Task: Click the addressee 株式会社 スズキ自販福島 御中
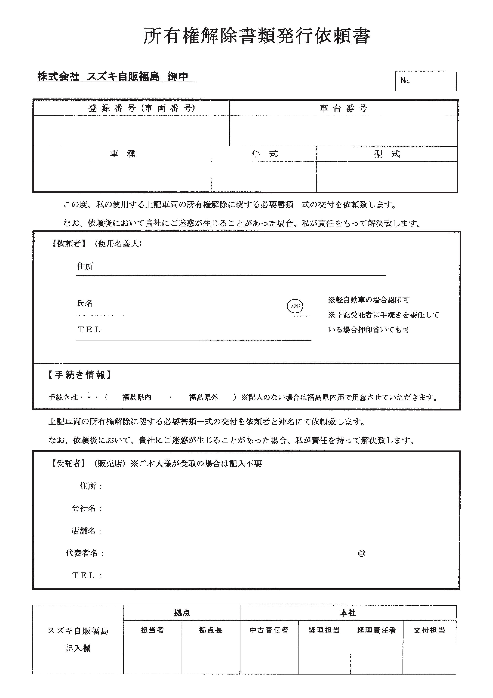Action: pos(113,77)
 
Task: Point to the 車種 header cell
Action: pos(123,154)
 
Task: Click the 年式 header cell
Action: pos(264,154)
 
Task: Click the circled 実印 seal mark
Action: pos(295,306)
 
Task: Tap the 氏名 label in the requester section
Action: pos(85,303)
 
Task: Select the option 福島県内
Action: pos(137,397)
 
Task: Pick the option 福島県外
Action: pos(203,397)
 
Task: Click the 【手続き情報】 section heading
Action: pos(80,375)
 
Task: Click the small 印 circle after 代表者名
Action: pos(362,554)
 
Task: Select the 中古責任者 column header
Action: pos(269,630)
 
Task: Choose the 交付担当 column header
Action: pos(429,630)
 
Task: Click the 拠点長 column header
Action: pos(211,630)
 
